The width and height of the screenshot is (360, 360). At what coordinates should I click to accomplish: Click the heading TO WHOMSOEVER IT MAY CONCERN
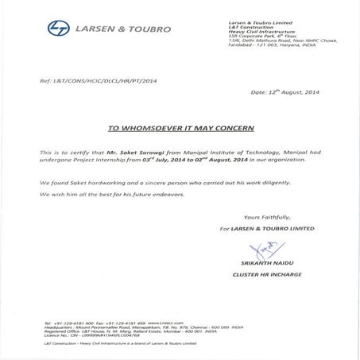(x=180, y=126)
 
